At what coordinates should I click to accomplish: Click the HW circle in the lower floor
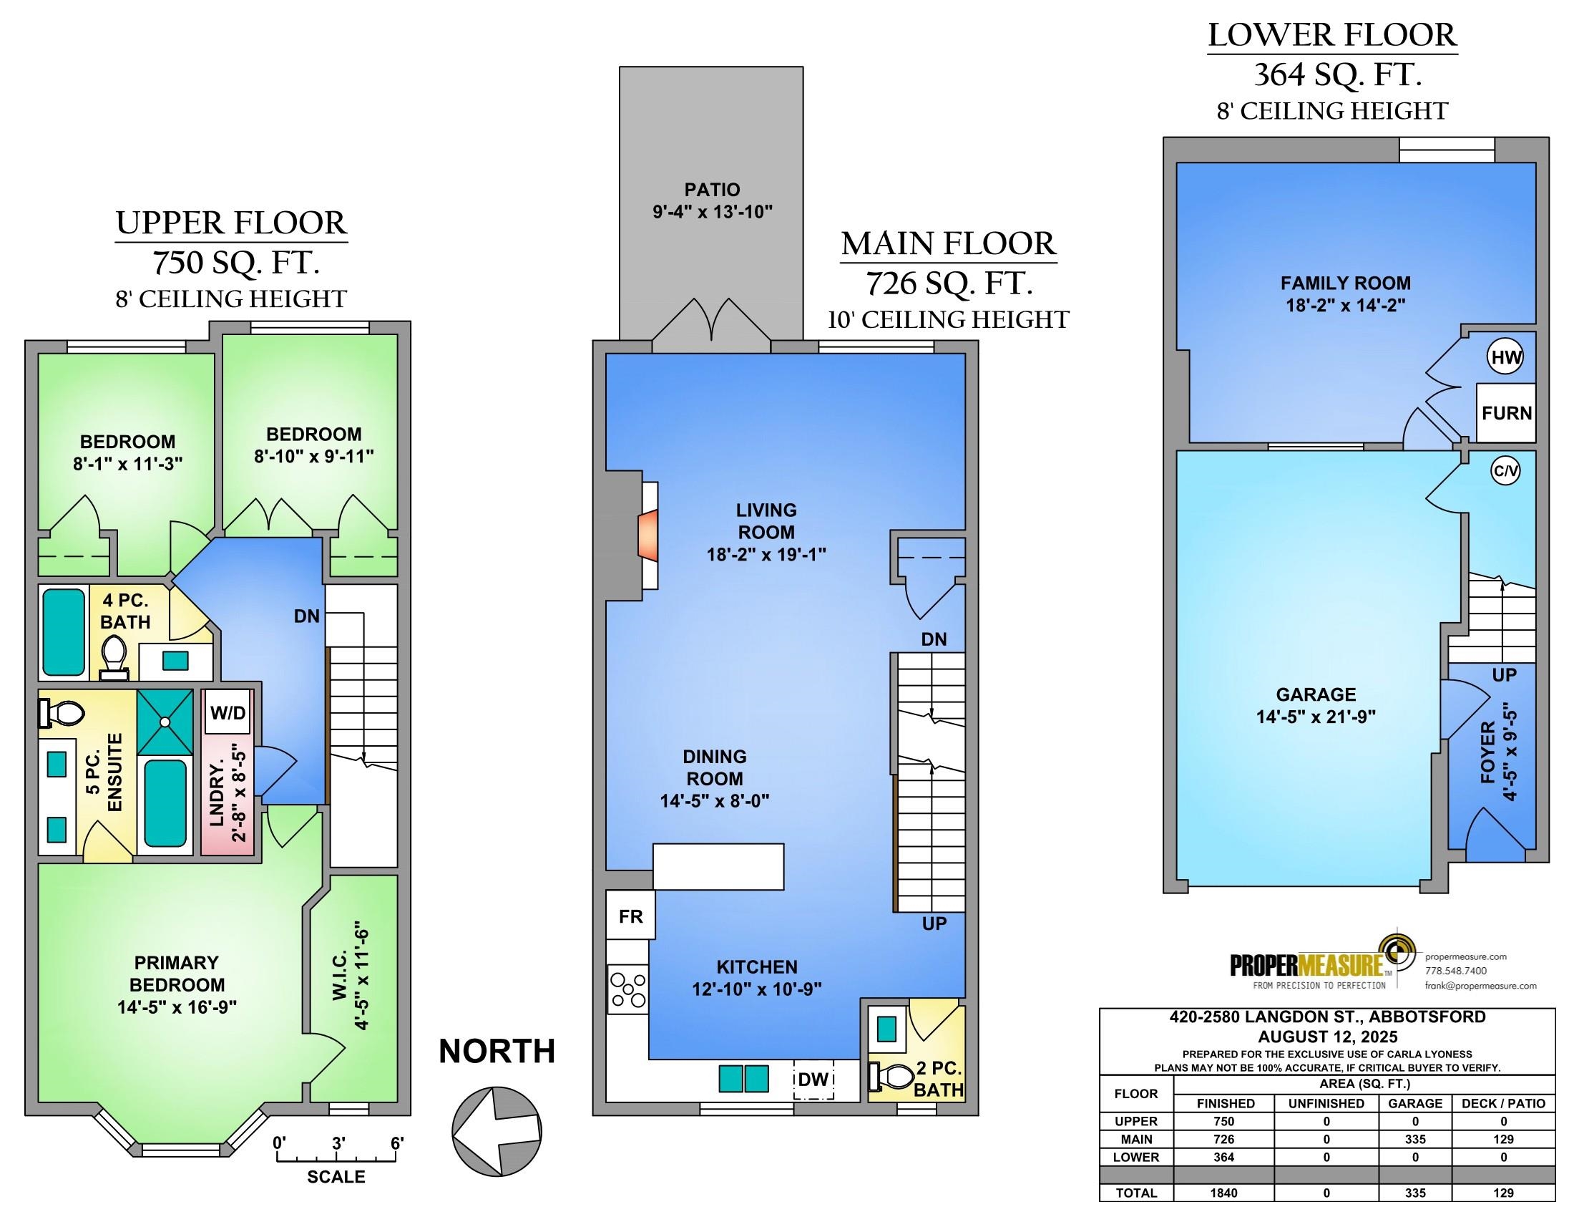pos(1505,357)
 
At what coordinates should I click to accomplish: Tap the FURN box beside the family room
pos(1506,412)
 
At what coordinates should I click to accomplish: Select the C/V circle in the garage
pos(1505,472)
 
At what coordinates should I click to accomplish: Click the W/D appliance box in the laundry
pos(228,713)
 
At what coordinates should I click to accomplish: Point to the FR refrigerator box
pos(630,916)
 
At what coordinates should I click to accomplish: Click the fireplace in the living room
pos(647,533)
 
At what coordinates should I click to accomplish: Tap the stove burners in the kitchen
pos(628,989)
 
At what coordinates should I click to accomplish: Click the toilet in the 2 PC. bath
pos(891,1077)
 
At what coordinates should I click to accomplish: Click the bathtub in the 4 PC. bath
pos(64,632)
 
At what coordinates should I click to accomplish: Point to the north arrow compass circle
pos(497,1130)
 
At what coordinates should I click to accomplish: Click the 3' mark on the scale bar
pos(338,1143)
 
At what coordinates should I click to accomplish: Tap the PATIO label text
pos(712,190)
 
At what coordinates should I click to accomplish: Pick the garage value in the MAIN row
pos(1414,1139)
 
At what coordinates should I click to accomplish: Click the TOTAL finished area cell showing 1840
pos(1223,1193)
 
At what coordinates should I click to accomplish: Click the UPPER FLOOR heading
pos(231,223)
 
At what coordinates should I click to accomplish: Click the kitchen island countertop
pos(718,867)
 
